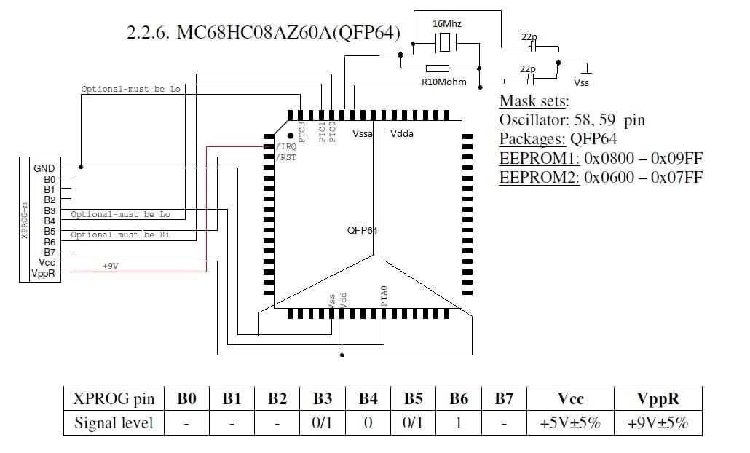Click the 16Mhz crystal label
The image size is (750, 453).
tap(447, 24)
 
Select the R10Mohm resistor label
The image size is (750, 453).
tap(444, 82)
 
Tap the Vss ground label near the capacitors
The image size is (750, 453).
tap(581, 82)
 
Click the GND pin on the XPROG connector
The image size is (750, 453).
tap(44, 168)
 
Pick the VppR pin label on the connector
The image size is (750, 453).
tap(44, 273)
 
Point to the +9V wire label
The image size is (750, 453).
tap(110, 267)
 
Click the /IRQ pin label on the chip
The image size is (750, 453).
tap(285, 147)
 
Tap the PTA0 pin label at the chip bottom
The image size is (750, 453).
tap(384, 296)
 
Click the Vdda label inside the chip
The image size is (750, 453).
tap(402, 134)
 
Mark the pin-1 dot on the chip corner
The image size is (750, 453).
tap(291, 135)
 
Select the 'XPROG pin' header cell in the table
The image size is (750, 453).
tap(114, 399)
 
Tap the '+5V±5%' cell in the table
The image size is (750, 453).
tap(571, 423)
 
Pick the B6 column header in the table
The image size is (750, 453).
tap(458, 399)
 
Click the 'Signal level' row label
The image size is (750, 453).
tap(114, 423)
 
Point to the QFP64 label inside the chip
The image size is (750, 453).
tap(362, 231)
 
